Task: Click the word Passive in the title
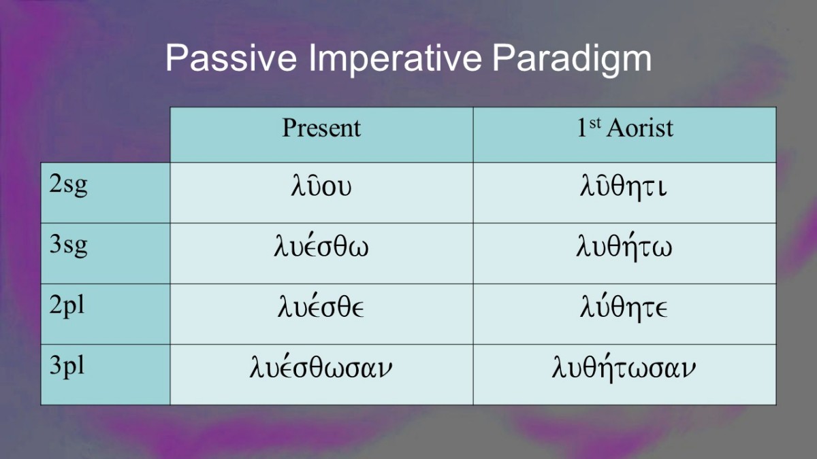pyautogui.click(x=231, y=58)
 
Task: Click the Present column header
pyautogui.click(x=321, y=128)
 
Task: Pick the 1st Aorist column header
pyautogui.click(x=625, y=128)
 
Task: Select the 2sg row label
pyautogui.click(x=68, y=185)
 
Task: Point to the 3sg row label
pyautogui.click(x=68, y=245)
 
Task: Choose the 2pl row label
pyautogui.click(x=67, y=305)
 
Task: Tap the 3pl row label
pyautogui.click(x=67, y=365)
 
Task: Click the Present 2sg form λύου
pyautogui.click(x=321, y=186)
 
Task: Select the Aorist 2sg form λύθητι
pyautogui.click(x=624, y=188)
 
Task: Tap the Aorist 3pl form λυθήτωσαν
pyautogui.click(x=624, y=367)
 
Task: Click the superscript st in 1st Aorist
pyautogui.click(x=594, y=124)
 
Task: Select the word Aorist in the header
pyautogui.click(x=640, y=129)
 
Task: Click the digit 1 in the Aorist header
pyautogui.click(x=581, y=128)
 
